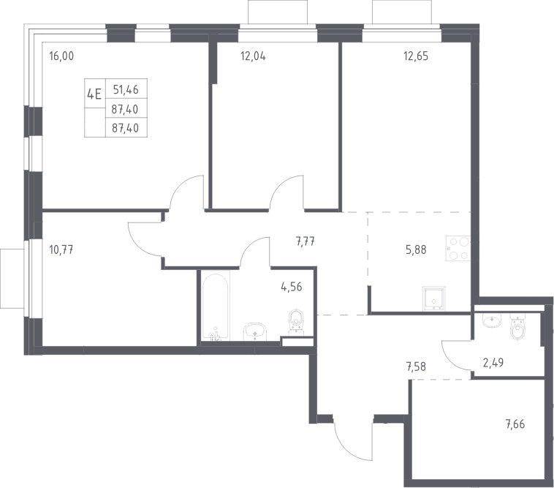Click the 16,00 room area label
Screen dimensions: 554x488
pyautogui.click(x=62, y=56)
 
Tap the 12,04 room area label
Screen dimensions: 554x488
pyautogui.click(x=253, y=56)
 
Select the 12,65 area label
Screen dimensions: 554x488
pyautogui.click(x=416, y=56)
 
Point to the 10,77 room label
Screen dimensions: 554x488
pyautogui.click(x=61, y=250)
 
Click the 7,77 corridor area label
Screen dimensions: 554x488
pyautogui.click(x=306, y=242)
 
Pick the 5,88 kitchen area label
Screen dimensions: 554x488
pyautogui.click(x=416, y=250)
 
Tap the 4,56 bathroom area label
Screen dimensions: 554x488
pyautogui.click(x=292, y=287)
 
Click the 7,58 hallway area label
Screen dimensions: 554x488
pyautogui.click(x=416, y=367)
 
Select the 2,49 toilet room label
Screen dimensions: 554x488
pyautogui.click(x=493, y=363)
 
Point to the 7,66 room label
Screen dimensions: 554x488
pyautogui.click(x=515, y=424)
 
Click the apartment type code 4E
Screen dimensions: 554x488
pyautogui.click(x=94, y=94)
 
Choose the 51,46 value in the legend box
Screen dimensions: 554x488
pyautogui.click(x=126, y=90)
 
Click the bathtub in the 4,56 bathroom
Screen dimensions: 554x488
pyautogui.click(x=216, y=306)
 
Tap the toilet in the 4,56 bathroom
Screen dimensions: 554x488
pyautogui.click(x=296, y=322)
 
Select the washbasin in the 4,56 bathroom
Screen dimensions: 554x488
pyautogui.click(x=256, y=331)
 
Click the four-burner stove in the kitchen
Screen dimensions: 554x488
pyautogui.click(x=458, y=249)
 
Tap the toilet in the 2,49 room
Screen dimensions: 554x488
pyautogui.click(x=518, y=327)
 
